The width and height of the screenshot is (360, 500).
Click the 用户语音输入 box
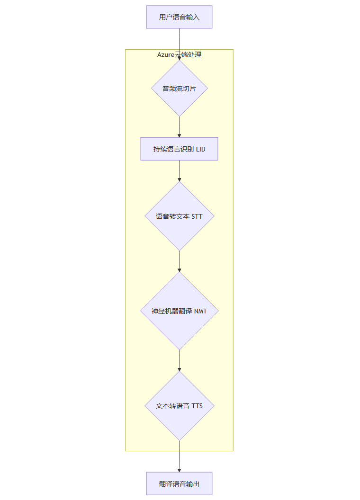pyautogui.click(x=179, y=17)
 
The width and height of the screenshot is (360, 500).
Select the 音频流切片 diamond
pyautogui.click(x=179, y=89)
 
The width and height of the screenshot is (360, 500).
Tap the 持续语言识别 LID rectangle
pyautogui.click(x=179, y=149)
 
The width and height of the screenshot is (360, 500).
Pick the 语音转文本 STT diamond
pyautogui.click(x=179, y=216)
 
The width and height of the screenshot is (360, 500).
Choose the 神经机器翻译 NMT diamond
pyautogui.click(x=179, y=311)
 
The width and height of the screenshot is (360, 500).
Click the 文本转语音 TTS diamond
pyautogui.click(x=179, y=406)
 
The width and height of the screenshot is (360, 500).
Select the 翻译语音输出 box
pyautogui.click(x=179, y=483)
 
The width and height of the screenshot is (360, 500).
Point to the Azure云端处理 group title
pyautogui.click(x=179, y=55)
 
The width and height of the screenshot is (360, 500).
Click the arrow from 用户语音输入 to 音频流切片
pyautogui.click(x=179, y=40)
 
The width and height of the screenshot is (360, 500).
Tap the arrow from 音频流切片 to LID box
pyautogui.click(x=179, y=126)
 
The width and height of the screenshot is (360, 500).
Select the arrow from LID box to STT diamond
pyautogui.click(x=179, y=170)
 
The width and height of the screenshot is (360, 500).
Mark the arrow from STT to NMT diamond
pyautogui.click(x=179, y=261)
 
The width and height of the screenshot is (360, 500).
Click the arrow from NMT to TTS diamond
pyautogui.click(x=179, y=360)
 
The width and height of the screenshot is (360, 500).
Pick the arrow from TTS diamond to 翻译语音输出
pyautogui.click(x=179, y=455)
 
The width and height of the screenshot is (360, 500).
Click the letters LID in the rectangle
pyautogui.click(x=200, y=149)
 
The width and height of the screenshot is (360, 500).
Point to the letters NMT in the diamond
pyautogui.click(x=200, y=311)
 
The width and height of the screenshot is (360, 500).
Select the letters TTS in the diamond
pyautogui.click(x=197, y=406)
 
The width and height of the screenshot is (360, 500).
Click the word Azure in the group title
pyautogui.click(x=166, y=55)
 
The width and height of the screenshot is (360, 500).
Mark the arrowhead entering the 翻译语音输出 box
pyautogui.click(x=179, y=469)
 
